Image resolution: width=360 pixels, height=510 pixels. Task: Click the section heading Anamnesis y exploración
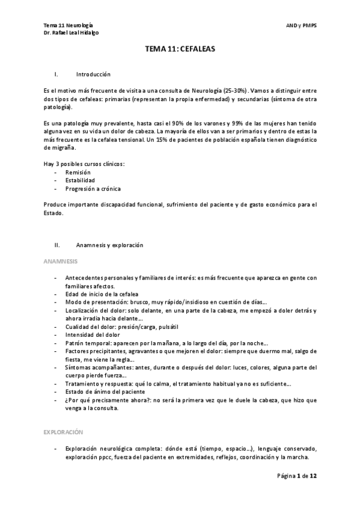tap(109, 245)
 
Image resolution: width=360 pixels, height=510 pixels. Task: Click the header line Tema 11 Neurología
tap(68, 25)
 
